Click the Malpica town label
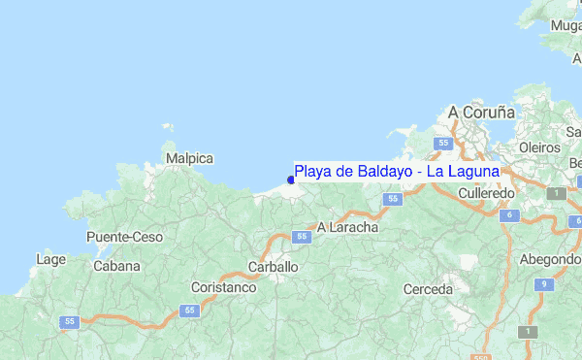(189, 157)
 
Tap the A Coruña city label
(480, 113)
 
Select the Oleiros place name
(540, 147)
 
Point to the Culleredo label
(486, 194)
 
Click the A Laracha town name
(348, 226)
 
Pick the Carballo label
(274, 266)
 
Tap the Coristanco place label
(223, 288)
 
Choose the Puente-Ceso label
(125, 237)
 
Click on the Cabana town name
(116, 266)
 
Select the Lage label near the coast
(50, 259)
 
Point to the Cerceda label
(428, 289)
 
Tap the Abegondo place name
(550, 259)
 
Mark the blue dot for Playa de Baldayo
(291, 180)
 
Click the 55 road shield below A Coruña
(443, 143)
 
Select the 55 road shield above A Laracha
(392, 199)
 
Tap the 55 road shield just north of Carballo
(302, 236)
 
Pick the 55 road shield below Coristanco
(189, 311)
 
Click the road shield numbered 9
(545, 284)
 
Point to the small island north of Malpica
(168, 128)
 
